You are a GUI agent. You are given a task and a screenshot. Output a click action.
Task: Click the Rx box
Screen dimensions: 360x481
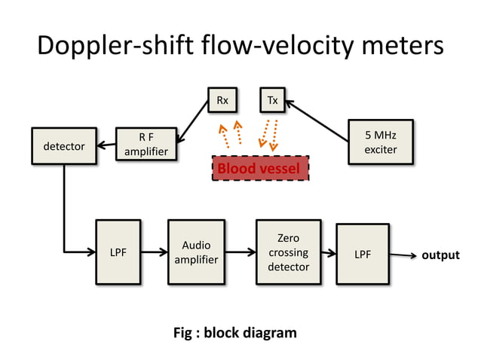222,100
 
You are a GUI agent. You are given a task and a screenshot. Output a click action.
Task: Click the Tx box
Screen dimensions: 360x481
271,100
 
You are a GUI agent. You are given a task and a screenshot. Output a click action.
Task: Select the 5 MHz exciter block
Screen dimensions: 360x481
380,142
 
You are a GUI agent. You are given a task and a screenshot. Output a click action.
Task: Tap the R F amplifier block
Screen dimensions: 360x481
146,145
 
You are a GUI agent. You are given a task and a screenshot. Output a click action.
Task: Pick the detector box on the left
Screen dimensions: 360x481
63,146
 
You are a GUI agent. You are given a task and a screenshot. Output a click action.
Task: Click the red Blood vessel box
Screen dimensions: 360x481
260,168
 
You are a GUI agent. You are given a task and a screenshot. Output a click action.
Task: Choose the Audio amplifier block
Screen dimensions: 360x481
196,252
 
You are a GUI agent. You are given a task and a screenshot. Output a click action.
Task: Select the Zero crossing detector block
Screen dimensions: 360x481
288,252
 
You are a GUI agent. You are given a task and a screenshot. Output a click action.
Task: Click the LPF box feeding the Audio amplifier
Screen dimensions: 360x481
118,252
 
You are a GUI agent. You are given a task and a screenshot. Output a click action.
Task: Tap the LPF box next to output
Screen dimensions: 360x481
363,255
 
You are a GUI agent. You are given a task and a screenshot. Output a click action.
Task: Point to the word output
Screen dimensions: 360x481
440,255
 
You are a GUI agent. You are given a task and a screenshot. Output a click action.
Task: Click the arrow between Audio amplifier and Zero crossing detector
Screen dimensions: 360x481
240,253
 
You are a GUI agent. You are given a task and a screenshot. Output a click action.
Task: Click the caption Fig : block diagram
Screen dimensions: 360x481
235,332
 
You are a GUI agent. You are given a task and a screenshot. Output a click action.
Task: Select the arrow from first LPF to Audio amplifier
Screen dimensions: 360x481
154,253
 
